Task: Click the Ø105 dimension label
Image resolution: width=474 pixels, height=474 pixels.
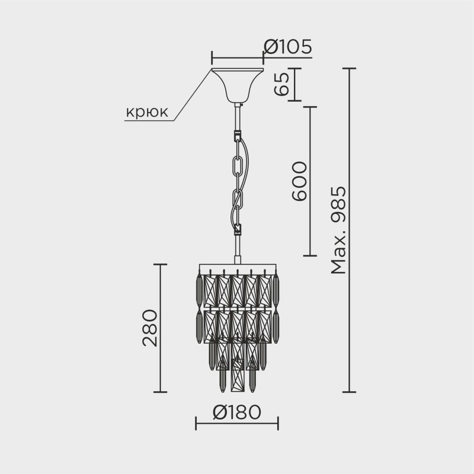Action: click(x=287, y=47)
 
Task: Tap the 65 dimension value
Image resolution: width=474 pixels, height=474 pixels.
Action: click(x=281, y=84)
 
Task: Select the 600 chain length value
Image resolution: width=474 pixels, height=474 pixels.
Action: click(x=299, y=181)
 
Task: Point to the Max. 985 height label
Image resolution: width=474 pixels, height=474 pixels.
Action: click(x=338, y=230)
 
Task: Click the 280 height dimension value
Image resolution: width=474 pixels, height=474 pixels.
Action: click(x=150, y=328)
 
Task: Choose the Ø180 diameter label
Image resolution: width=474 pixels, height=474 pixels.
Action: click(x=236, y=412)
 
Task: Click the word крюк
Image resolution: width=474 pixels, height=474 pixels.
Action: click(x=147, y=112)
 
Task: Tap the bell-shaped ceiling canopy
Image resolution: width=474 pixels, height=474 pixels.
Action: click(x=238, y=85)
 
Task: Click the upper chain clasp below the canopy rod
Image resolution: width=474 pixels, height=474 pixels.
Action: click(x=238, y=135)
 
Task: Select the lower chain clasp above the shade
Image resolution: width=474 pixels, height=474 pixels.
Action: click(x=239, y=229)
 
